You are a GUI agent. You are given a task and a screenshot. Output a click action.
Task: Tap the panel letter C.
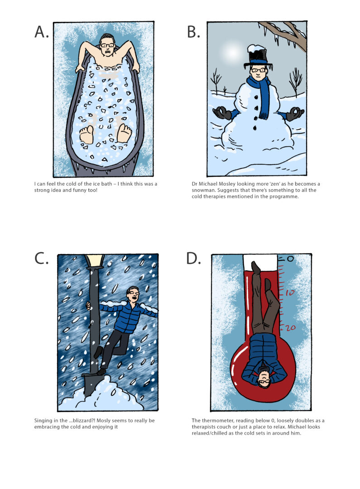(x=42, y=258)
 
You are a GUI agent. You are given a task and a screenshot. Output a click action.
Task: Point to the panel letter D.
(x=194, y=258)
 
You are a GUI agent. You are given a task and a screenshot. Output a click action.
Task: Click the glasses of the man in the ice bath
(x=107, y=45)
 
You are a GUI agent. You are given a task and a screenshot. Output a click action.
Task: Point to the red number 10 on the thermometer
(x=290, y=293)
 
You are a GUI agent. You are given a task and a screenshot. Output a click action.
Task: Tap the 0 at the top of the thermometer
(x=290, y=259)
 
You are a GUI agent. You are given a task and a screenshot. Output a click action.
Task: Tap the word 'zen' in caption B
(x=269, y=183)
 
